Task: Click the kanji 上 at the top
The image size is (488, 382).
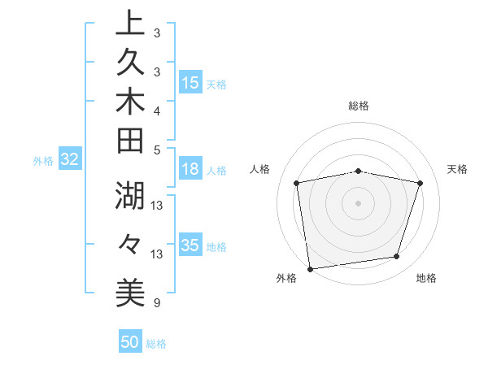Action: [x=130, y=24]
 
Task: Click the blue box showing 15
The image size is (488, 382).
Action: [x=190, y=83]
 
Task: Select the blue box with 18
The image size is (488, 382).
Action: [x=190, y=170]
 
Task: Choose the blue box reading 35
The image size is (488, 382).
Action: [x=190, y=245]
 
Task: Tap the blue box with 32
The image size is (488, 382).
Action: [x=70, y=160]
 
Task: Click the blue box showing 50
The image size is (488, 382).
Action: [x=130, y=342]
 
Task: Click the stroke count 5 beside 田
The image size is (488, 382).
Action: [x=156, y=150]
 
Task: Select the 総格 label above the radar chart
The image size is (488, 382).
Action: [x=358, y=106]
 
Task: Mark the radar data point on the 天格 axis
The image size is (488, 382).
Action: [x=420, y=183]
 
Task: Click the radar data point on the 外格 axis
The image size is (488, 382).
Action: [x=310, y=268]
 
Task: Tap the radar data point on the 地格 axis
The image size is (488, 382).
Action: [x=397, y=257]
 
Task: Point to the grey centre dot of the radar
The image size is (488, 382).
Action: [x=358, y=202]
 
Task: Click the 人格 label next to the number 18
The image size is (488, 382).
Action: [x=216, y=171]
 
